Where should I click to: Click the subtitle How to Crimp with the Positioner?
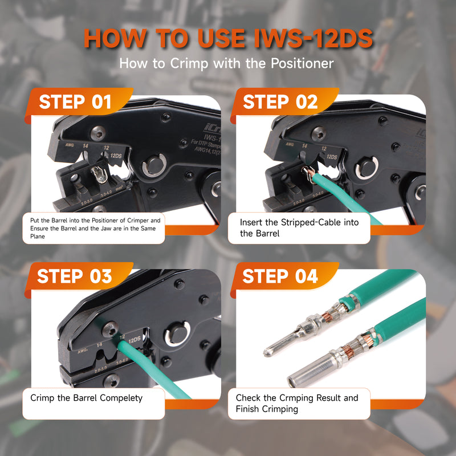point(226,63)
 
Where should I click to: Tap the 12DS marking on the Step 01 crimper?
point(116,154)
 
